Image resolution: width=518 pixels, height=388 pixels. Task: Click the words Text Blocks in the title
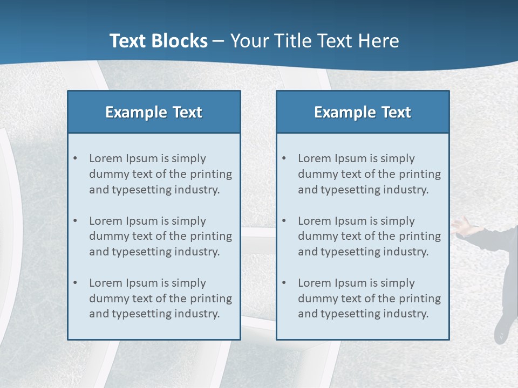(158, 41)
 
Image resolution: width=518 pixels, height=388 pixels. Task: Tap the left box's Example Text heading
(154, 112)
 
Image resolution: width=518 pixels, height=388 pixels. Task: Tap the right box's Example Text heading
(363, 112)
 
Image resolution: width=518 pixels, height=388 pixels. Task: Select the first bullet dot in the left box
(76, 158)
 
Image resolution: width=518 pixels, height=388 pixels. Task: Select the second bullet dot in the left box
(76, 221)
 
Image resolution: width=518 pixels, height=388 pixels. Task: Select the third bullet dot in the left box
(76, 283)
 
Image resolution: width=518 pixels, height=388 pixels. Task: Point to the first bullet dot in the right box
(284, 158)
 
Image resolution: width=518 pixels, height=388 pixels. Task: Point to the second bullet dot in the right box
(284, 221)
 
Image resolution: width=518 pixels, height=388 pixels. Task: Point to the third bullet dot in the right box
(284, 283)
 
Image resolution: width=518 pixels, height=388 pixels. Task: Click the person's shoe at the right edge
(502, 332)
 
